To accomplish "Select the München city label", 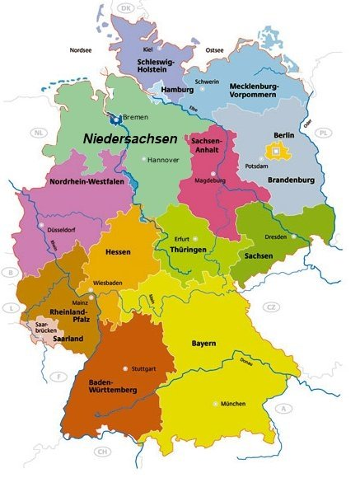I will point(234,404).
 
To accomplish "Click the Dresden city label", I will point(276,236).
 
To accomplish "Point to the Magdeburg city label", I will point(209,179).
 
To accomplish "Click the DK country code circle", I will point(126,8).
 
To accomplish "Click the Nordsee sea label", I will point(81,49).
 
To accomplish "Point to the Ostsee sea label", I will point(215,49).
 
